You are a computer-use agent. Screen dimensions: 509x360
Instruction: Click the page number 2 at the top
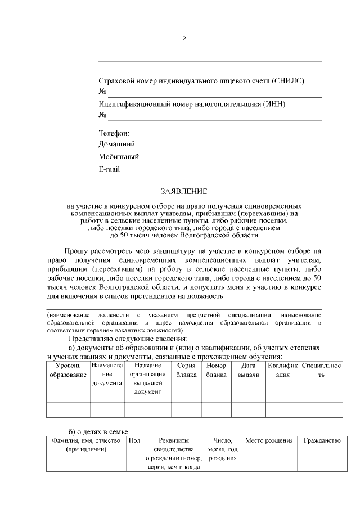click(184, 39)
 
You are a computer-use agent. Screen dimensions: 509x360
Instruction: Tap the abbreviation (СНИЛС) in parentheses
click(287, 81)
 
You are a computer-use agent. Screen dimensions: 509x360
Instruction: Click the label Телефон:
click(114, 133)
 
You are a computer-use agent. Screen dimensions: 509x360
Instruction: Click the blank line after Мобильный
click(231, 161)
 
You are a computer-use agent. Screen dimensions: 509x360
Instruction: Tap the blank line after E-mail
click(222, 174)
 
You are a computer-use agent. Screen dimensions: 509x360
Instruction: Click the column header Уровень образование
click(67, 370)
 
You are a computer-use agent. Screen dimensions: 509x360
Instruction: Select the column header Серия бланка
click(186, 370)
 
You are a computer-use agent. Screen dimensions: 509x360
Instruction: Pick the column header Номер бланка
click(216, 370)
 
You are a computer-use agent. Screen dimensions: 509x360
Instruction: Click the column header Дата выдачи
click(248, 370)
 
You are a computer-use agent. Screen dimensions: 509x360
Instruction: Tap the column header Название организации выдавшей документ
click(148, 378)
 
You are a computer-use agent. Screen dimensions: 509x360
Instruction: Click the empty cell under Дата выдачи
click(248, 410)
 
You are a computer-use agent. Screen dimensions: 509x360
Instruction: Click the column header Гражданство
click(322, 440)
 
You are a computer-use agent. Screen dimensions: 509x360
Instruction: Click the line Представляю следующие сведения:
click(128, 339)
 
